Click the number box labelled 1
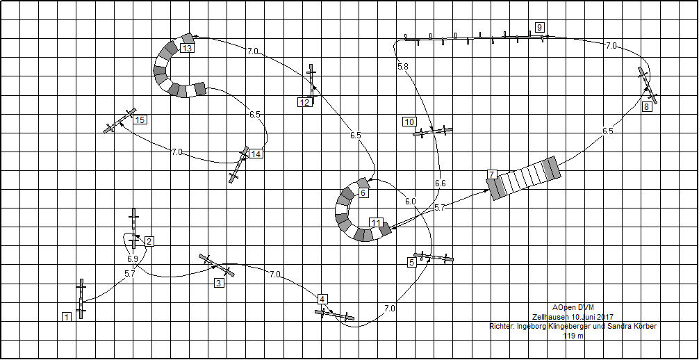tap(67, 317)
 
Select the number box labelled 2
tap(149, 241)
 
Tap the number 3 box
tap(219, 283)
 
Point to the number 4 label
tap(322, 299)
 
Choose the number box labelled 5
tap(411, 263)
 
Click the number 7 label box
tap(492, 174)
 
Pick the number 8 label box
tap(647, 107)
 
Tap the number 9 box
tap(540, 27)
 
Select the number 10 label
tap(409, 122)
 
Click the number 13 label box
tap(187, 48)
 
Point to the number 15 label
tap(140, 120)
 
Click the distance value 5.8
tap(403, 66)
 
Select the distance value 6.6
tap(440, 183)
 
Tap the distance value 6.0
tap(410, 201)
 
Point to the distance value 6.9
tap(132, 259)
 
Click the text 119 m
tap(573, 336)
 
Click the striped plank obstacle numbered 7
tap(524, 178)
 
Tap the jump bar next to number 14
tap(240, 165)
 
